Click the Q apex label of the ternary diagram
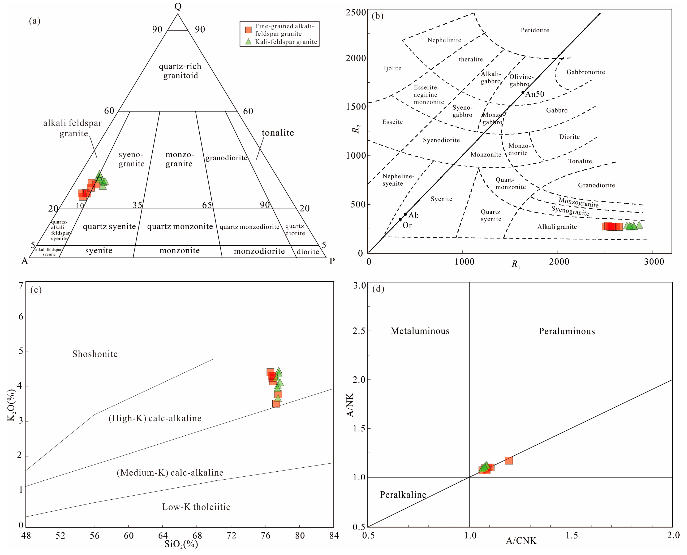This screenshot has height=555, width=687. click(178, 6)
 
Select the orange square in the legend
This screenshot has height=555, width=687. click(248, 30)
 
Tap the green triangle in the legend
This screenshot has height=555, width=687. click(248, 41)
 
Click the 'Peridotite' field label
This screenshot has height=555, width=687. click(535, 30)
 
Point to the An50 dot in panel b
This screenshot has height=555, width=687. click(523, 92)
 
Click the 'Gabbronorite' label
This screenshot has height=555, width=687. click(586, 72)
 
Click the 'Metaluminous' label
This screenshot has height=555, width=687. click(420, 331)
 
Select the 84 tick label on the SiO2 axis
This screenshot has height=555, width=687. click(334, 535)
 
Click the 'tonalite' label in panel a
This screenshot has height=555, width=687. click(278, 133)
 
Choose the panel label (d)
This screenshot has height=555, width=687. click(378, 289)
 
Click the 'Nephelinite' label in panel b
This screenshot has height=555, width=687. click(444, 40)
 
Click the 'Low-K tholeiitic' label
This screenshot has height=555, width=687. click(196, 507)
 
